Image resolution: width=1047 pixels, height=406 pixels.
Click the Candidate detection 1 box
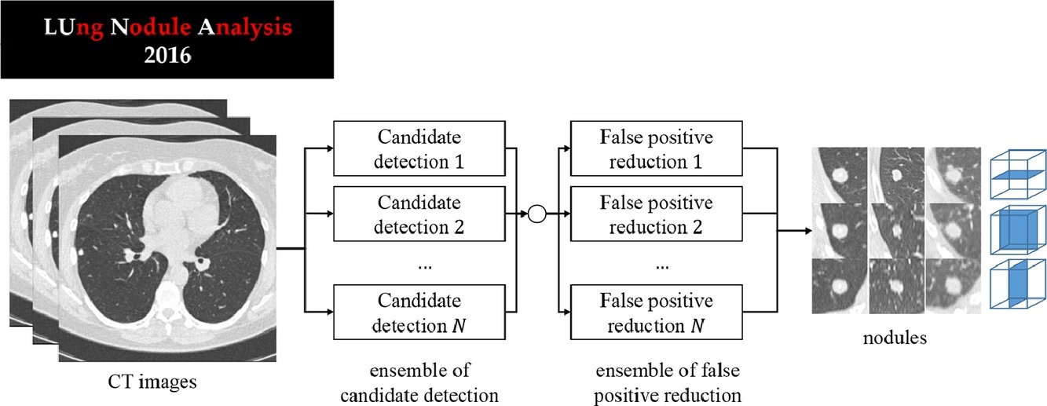pyautogui.click(x=419, y=148)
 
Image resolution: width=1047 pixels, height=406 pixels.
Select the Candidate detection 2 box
pyautogui.click(x=419, y=214)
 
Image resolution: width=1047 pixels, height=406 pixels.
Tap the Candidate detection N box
pyautogui.click(x=419, y=312)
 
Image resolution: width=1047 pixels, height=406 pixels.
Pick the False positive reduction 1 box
pyautogui.click(x=657, y=148)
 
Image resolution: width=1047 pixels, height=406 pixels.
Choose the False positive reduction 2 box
pyautogui.click(x=657, y=214)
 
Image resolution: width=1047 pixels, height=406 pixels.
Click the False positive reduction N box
pyautogui.click(x=657, y=312)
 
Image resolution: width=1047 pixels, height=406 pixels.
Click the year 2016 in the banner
pyautogui.click(x=167, y=55)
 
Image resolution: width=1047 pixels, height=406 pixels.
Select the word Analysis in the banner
pyautogui.click(x=245, y=28)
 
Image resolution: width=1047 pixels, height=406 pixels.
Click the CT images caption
pyautogui.click(x=152, y=382)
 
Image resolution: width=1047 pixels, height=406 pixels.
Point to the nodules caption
pyautogui.click(x=895, y=338)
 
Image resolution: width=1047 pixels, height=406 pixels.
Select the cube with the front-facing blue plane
pyautogui.click(x=1018, y=229)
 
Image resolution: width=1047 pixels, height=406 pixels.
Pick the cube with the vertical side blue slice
pyautogui.click(x=1018, y=283)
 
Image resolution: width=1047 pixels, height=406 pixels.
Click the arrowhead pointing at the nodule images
pyautogui.click(x=808, y=230)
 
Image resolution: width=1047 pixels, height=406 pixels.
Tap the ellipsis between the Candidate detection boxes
pyautogui.click(x=425, y=267)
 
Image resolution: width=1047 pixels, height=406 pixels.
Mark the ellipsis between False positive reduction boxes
pyautogui.click(x=662, y=267)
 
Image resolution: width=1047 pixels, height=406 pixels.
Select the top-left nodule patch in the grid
pyautogui.click(x=840, y=175)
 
